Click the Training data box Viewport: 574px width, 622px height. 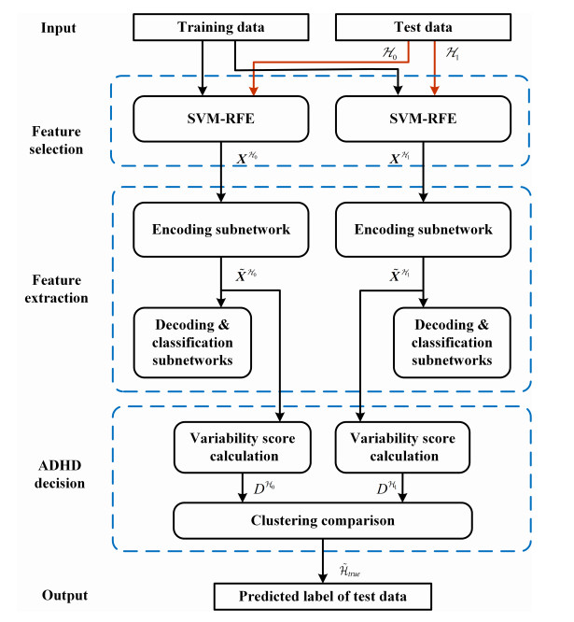[221, 27]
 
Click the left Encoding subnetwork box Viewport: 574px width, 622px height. [221, 229]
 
